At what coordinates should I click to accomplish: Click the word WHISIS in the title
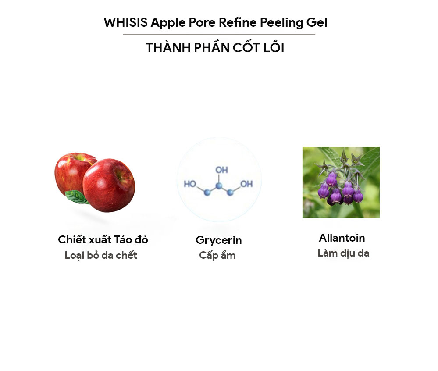(125, 23)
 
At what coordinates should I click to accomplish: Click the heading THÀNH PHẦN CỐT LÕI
(215, 48)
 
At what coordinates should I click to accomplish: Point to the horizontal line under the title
(219, 35)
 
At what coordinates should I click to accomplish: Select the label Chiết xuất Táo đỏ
(103, 240)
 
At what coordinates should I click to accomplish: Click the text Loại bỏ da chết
(101, 255)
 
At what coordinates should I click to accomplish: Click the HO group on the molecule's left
(190, 184)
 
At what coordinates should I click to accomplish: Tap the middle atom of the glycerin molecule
(219, 185)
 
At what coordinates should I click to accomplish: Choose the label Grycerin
(219, 240)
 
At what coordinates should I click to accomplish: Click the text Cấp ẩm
(217, 255)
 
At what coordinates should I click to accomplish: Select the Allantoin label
(342, 238)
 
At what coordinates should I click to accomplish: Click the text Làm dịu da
(343, 253)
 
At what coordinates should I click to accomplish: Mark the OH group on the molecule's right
(246, 184)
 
